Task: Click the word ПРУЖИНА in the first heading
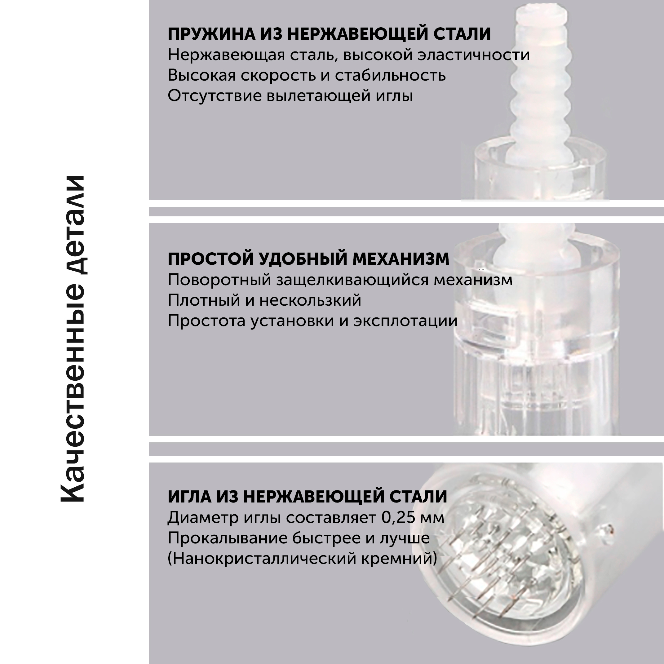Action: point(211,34)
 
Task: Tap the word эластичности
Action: point(474,55)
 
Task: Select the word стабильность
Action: point(390,76)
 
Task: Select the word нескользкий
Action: point(310,300)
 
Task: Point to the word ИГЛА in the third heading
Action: point(190,497)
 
